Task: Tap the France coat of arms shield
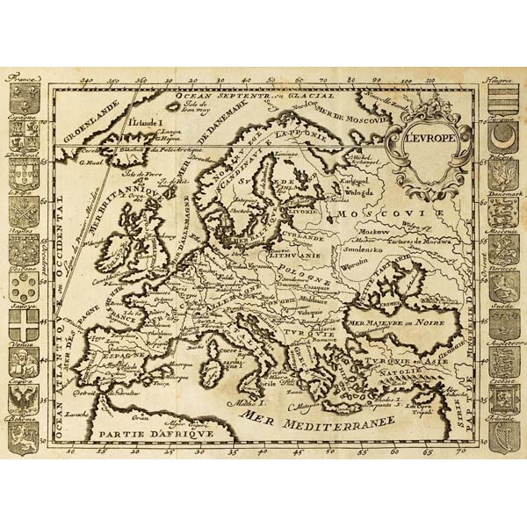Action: (x=25, y=97)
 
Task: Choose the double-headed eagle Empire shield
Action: (x=24, y=401)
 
